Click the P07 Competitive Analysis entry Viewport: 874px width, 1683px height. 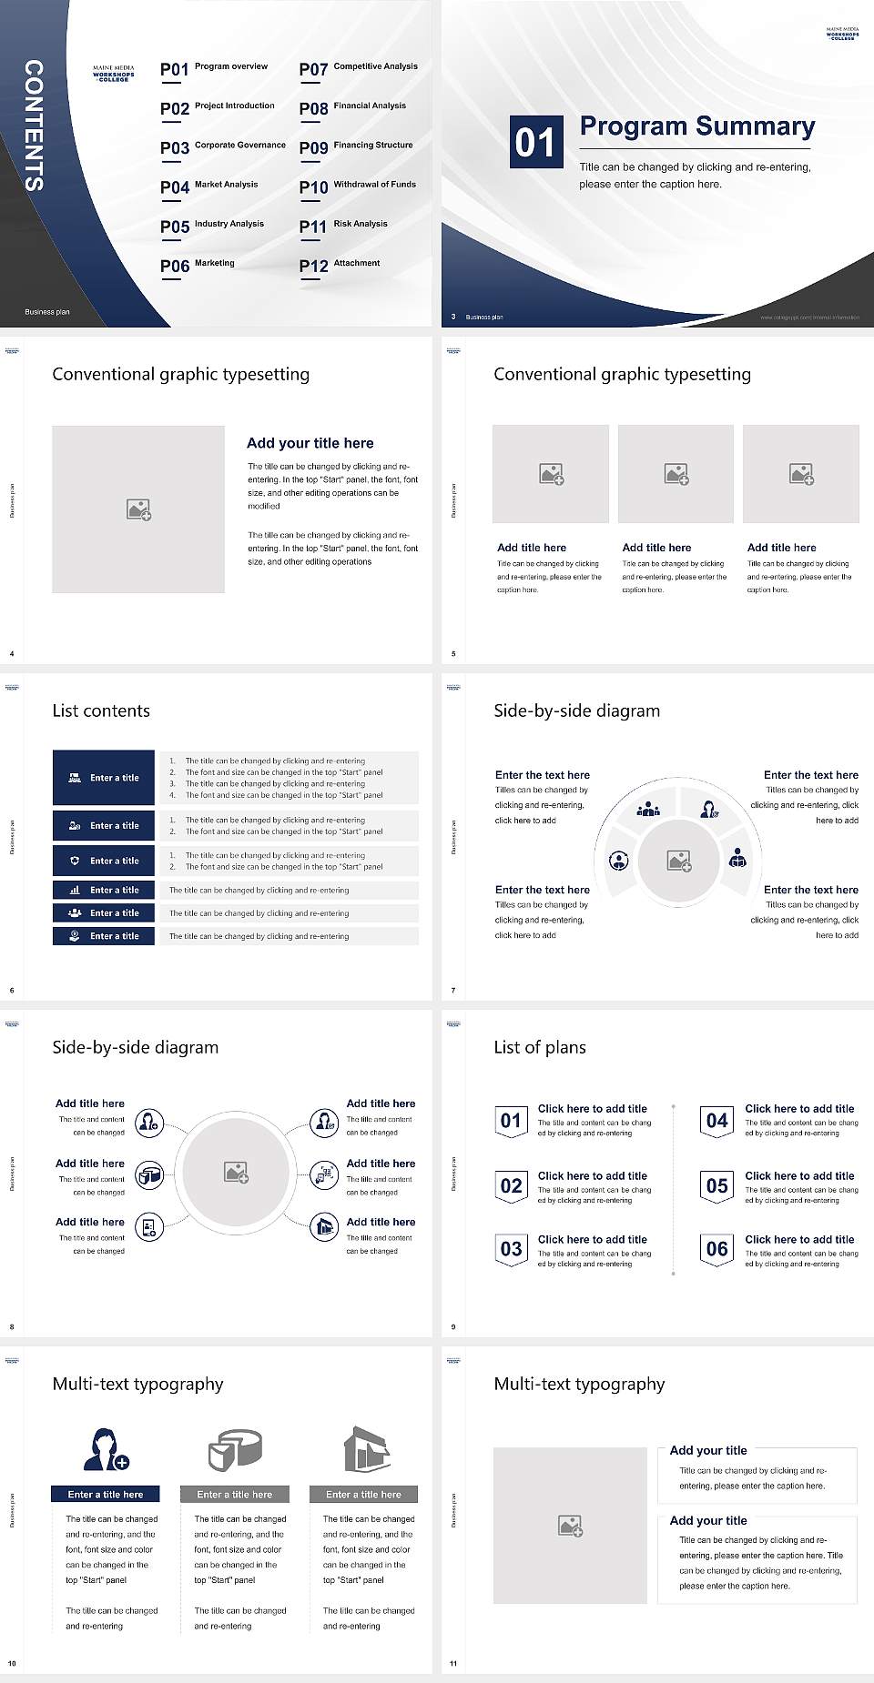(x=358, y=68)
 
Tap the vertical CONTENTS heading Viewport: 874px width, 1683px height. (x=34, y=126)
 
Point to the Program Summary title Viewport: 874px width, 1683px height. (x=696, y=126)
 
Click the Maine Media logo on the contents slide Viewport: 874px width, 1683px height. (x=113, y=73)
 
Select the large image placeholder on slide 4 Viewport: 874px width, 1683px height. (x=138, y=509)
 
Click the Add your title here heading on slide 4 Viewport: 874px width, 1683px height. (x=310, y=443)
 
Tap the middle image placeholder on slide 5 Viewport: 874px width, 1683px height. (x=676, y=474)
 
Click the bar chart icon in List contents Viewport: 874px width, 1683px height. (x=75, y=890)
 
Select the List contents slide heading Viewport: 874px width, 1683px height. (x=101, y=710)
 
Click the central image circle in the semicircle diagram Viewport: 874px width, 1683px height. (x=678, y=860)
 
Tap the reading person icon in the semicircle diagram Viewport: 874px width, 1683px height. (x=738, y=857)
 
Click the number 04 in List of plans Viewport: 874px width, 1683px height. (x=717, y=1121)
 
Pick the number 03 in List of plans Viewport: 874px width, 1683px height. (x=511, y=1249)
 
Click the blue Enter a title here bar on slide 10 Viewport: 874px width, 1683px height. (x=106, y=1494)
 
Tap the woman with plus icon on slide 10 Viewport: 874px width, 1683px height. (x=106, y=1449)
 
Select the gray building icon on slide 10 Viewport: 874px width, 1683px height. (x=366, y=1449)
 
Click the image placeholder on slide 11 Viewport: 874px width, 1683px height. (x=570, y=1526)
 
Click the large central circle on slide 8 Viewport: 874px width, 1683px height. (x=237, y=1173)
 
